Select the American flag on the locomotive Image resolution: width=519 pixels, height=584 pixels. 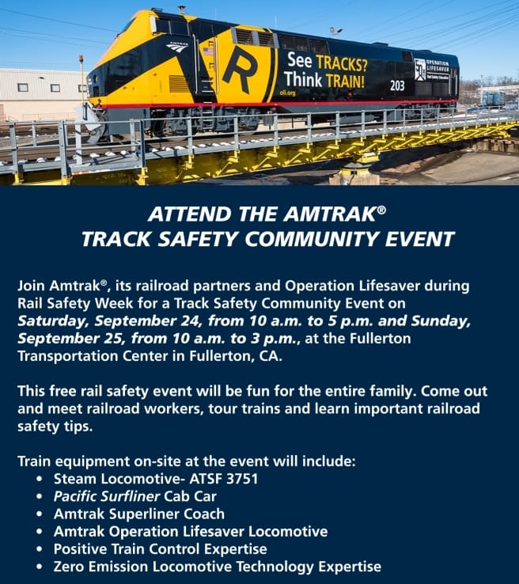[x=208, y=51]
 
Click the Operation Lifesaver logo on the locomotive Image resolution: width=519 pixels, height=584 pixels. [x=420, y=69]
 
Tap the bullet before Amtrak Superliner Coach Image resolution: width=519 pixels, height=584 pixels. [x=40, y=514]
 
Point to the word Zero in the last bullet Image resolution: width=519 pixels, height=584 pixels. [x=70, y=566]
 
